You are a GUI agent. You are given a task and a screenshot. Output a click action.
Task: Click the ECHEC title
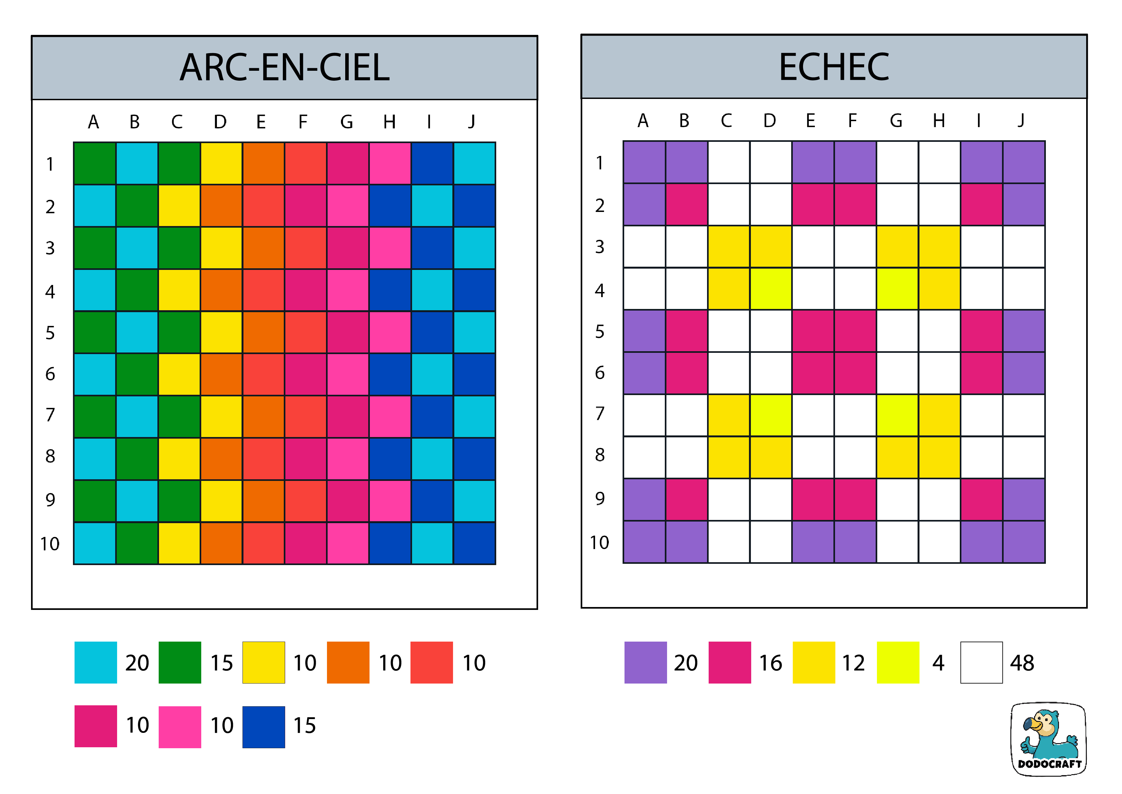[x=834, y=67]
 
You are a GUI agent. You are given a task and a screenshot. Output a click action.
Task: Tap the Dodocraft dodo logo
[x=1048, y=739]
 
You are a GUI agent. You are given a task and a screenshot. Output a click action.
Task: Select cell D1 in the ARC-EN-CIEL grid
[x=221, y=163]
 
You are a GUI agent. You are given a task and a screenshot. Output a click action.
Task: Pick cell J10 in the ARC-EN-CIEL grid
[x=474, y=543]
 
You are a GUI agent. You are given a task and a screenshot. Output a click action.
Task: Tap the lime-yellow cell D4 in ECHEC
[x=771, y=288]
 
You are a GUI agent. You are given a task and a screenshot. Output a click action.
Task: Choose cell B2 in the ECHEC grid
[x=686, y=204]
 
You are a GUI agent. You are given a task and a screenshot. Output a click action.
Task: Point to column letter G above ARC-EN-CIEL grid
[x=346, y=122]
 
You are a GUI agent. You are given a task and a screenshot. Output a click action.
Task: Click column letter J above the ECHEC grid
[x=1021, y=120]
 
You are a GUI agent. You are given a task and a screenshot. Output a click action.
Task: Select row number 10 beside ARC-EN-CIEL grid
[x=50, y=544]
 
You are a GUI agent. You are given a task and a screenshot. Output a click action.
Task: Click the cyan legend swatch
[x=95, y=662]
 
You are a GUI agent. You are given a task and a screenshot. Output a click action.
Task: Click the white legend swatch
[x=981, y=662]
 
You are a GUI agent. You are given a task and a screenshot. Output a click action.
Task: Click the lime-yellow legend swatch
[x=898, y=662]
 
